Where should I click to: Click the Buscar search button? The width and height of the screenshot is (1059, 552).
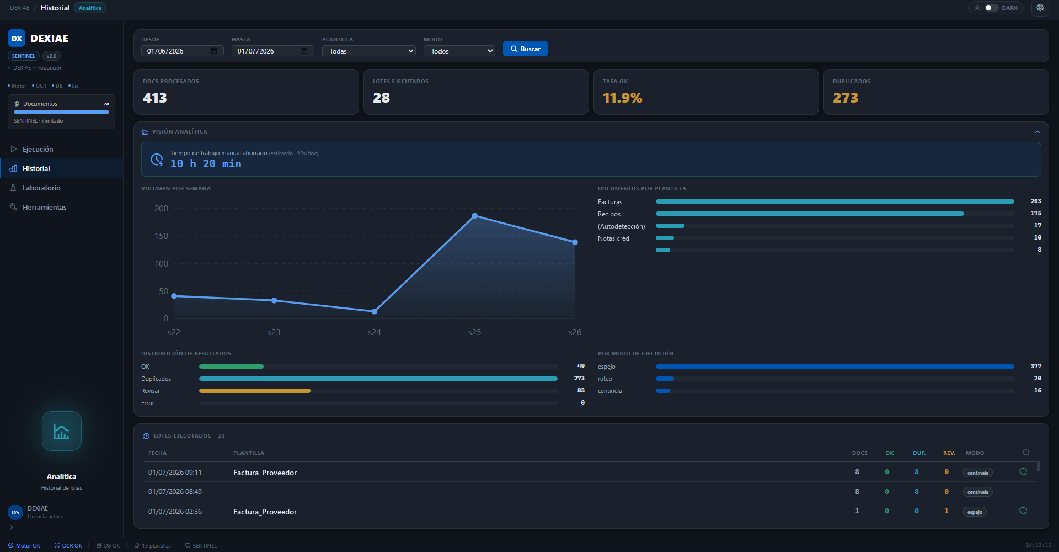pyautogui.click(x=525, y=49)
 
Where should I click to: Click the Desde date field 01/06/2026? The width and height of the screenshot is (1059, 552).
pyautogui.click(x=183, y=51)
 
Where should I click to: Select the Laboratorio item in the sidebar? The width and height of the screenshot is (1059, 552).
pyautogui.click(x=41, y=188)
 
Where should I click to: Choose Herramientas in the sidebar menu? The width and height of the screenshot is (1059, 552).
pyautogui.click(x=44, y=207)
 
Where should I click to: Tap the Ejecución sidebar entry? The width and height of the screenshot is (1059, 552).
pyautogui.click(x=38, y=149)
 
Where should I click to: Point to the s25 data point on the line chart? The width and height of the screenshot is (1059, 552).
pyautogui.click(x=475, y=216)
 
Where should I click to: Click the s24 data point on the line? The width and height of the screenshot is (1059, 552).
pyautogui.click(x=375, y=311)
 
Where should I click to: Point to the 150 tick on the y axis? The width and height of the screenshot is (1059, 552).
pyautogui.click(x=161, y=236)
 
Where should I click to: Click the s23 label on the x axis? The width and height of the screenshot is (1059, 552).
pyautogui.click(x=274, y=332)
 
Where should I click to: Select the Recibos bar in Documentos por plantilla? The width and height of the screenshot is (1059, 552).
pyautogui.click(x=810, y=214)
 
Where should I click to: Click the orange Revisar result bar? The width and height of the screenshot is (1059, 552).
pyautogui.click(x=255, y=391)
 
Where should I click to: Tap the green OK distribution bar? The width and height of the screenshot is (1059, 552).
pyautogui.click(x=231, y=367)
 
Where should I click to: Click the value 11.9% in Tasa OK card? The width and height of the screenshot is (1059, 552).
pyautogui.click(x=622, y=98)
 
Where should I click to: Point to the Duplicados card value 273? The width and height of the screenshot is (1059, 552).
pyautogui.click(x=845, y=98)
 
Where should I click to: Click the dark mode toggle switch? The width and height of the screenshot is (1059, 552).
pyautogui.click(x=991, y=8)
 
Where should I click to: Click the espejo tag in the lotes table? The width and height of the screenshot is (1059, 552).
pyautogui.click(x=975, y=512)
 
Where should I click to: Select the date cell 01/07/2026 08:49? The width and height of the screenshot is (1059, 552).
pyautogui.click(x=175, y=491)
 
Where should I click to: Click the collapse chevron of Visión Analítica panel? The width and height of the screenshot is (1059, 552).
pyautogui.click(x=1037, y=132)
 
